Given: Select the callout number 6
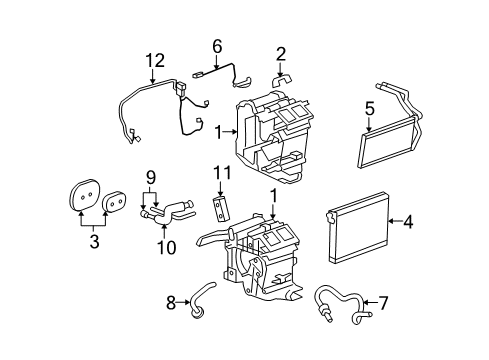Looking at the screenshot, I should [x=216, y=46].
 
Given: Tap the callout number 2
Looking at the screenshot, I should [x=281, y=53].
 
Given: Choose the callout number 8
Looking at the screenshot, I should [x=171, y=300].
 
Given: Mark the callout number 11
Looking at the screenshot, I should [x=220, y=173].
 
